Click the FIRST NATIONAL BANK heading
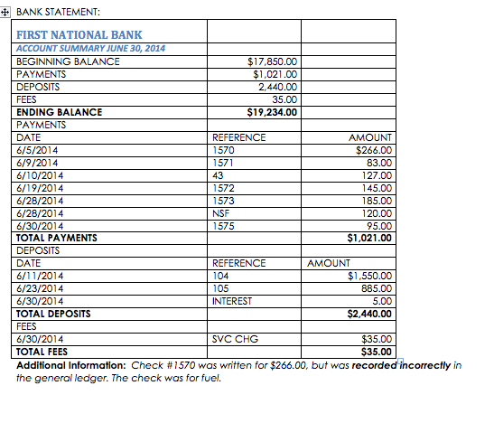click(79, 34)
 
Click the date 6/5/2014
click(37, 149)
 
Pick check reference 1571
click(223, 162)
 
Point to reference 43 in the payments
click(218, 174)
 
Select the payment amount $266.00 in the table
click(373, 149)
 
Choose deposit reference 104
click(220, 276)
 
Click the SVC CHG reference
click(234, 339)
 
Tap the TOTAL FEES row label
click(43, 352)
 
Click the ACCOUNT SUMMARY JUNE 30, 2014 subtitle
click(90, 48)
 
